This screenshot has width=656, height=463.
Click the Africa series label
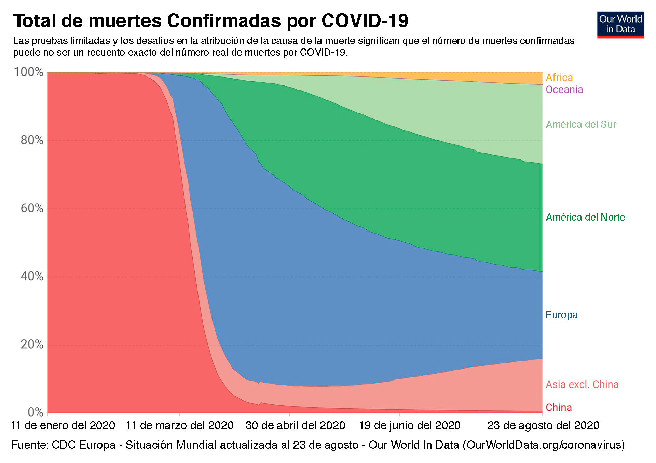pos(559,78)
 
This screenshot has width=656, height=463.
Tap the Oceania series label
pos(564,89)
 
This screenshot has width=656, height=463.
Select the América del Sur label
pos(581,124)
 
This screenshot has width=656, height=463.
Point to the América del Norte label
pos(585,217)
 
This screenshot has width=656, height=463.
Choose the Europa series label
pos(561,315)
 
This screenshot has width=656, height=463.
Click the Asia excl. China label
pos(582,384)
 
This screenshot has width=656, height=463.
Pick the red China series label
pos(559,407)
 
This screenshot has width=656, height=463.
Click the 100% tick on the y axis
pos(29,72)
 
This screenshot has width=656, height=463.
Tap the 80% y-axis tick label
pos(32,140)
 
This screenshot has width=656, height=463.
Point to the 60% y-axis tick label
pos(32,208)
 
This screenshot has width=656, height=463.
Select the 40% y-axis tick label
pos(32,276)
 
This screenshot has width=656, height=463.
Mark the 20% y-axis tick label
pos(32,344)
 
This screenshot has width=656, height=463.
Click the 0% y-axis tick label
pos(35,412)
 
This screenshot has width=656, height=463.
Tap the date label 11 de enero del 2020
pos(63,425)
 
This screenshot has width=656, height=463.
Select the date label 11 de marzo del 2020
pos(179,425)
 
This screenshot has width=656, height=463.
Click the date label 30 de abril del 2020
pos(296,425)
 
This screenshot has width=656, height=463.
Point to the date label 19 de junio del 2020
pos(410,425)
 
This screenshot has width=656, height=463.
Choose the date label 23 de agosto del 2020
pos(543,425)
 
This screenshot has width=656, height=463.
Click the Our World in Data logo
pos(620,25)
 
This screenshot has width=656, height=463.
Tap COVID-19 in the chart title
pos(365,21)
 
